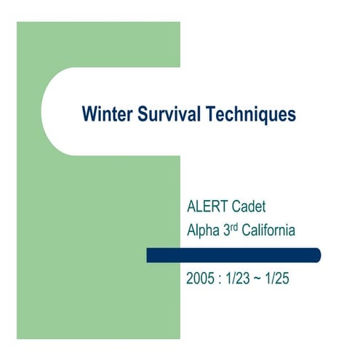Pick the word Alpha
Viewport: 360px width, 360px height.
(x=204, y=231)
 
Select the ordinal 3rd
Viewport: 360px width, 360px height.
(x=232, y=231)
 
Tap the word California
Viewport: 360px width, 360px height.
(x=270, y=231)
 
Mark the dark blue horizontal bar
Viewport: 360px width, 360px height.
(x=233, y=255)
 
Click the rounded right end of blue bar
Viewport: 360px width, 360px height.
(x=317, y=255)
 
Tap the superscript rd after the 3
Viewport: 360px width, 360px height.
(x=236, y=228)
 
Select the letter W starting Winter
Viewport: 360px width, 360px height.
(x=89, y=114)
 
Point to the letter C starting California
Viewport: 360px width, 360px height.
(x=249, y=231)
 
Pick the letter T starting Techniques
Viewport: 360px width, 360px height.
(x=212, y=114)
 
